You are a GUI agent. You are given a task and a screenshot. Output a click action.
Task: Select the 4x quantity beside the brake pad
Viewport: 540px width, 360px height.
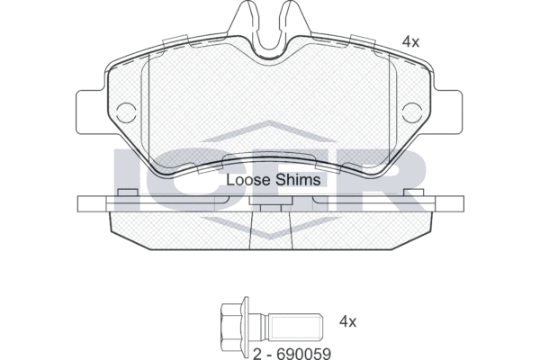[x=411, y=41]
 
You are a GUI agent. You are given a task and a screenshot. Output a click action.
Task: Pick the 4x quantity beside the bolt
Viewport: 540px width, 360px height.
[x=348, y=321]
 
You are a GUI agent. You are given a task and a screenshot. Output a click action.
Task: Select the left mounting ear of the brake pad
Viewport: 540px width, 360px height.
[x=90, y=110]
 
